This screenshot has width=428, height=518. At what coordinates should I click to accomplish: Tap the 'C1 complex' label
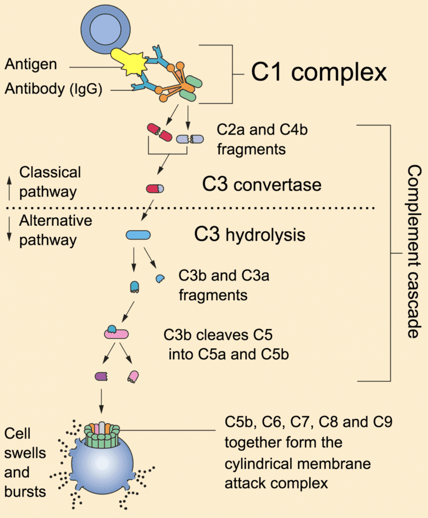[x=319, y=72]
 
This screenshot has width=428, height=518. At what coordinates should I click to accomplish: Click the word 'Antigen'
[x=31, y=64]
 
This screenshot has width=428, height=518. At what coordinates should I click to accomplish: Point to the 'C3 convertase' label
[x=262, y=185]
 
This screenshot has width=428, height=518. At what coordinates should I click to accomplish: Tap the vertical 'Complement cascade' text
[x=413, y=251]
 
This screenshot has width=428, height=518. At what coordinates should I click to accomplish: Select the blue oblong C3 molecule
[x=138, y=234]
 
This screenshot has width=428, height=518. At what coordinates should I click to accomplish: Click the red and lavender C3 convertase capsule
[x=155, y=189]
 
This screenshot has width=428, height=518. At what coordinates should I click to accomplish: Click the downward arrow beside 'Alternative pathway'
[x=9, y=230]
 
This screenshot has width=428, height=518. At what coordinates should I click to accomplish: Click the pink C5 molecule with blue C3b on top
[x=116, y=333]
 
